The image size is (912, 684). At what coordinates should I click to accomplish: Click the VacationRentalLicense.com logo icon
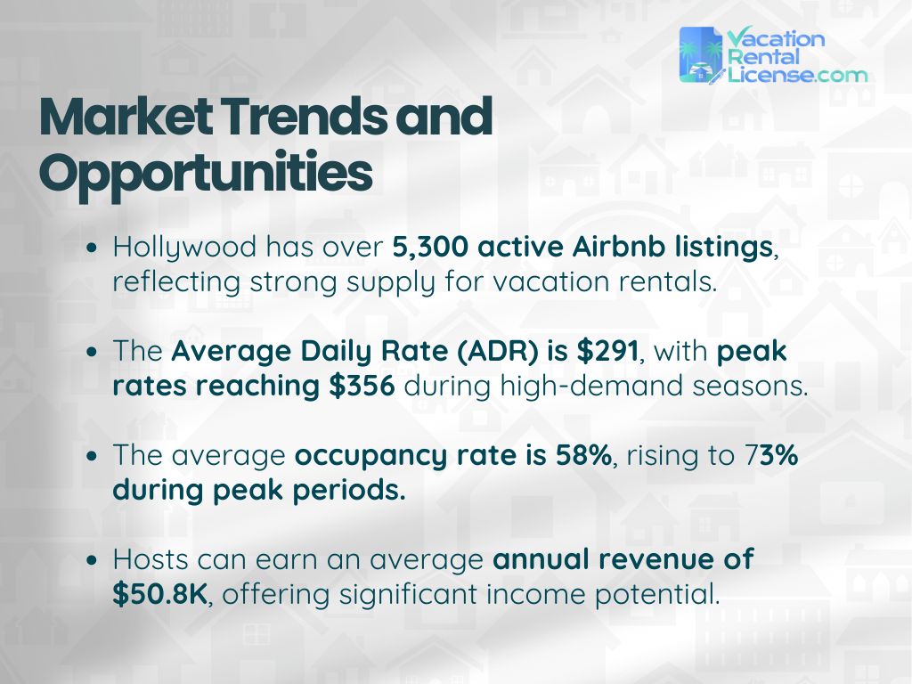(701, 55)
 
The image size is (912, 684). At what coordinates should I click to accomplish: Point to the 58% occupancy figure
(582, 455)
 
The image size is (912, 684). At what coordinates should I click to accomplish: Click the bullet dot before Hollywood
(94, 250)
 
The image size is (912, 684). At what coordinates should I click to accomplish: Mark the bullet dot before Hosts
(94, 561)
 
